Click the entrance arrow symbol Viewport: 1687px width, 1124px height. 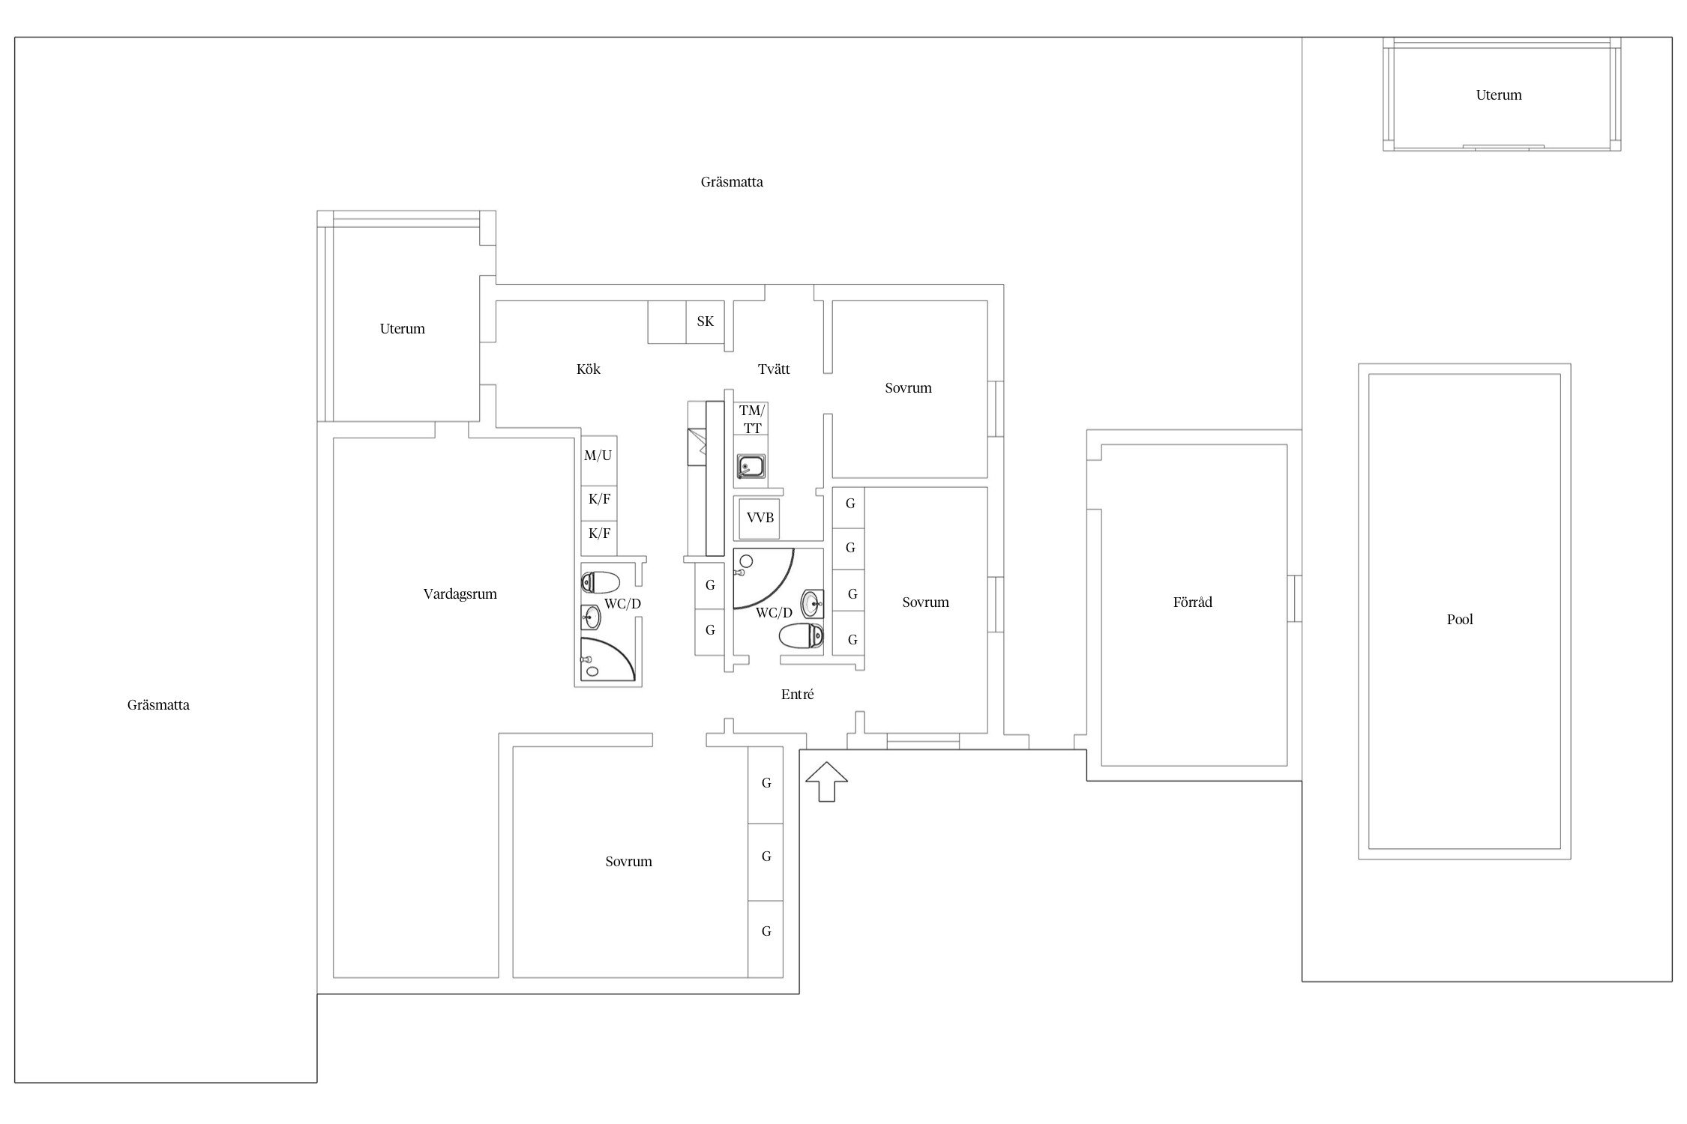tap(826, 782)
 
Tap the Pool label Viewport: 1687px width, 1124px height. tap(1460, 620)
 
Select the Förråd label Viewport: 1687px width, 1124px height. tap(1192, 602)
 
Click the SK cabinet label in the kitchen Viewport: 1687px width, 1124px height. tap(705, 321)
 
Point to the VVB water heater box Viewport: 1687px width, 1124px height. tap(760, 518)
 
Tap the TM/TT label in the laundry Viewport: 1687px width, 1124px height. tap(752, 420)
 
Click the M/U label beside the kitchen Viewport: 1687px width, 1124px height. tap(598, 456)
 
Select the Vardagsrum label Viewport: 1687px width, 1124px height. tap(460, 594)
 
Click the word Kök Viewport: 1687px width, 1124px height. tap(589, 369)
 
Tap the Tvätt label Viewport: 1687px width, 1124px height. tap(774, 369)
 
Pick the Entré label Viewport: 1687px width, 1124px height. tap(797, 695)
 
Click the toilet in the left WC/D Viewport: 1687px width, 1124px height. tap(601, 582)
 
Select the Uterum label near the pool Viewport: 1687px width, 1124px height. tap(1499, 95)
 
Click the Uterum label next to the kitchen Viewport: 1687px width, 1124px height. tap(402, 329)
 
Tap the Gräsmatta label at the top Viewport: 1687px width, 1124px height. tap(732, 182)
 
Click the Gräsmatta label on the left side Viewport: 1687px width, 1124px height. tap(158, 705)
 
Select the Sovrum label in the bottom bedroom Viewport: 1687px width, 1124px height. tap(628, 862)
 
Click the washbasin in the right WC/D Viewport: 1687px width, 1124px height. tap(812, 602)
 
